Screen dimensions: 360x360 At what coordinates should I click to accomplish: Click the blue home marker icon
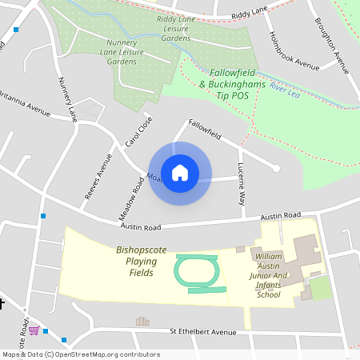click(180, 173)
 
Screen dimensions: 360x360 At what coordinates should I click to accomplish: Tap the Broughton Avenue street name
click(332, 44)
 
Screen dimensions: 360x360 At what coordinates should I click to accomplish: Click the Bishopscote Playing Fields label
click(142, 262)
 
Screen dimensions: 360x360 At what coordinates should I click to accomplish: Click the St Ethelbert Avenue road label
click(204, 331)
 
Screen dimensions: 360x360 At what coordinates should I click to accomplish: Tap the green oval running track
click(195, 273)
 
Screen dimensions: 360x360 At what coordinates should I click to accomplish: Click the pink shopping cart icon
click(34, 330)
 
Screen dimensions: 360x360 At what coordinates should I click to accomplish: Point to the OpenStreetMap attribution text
click(80, 354)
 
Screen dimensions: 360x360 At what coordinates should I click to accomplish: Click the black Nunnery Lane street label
click(67, 99)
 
